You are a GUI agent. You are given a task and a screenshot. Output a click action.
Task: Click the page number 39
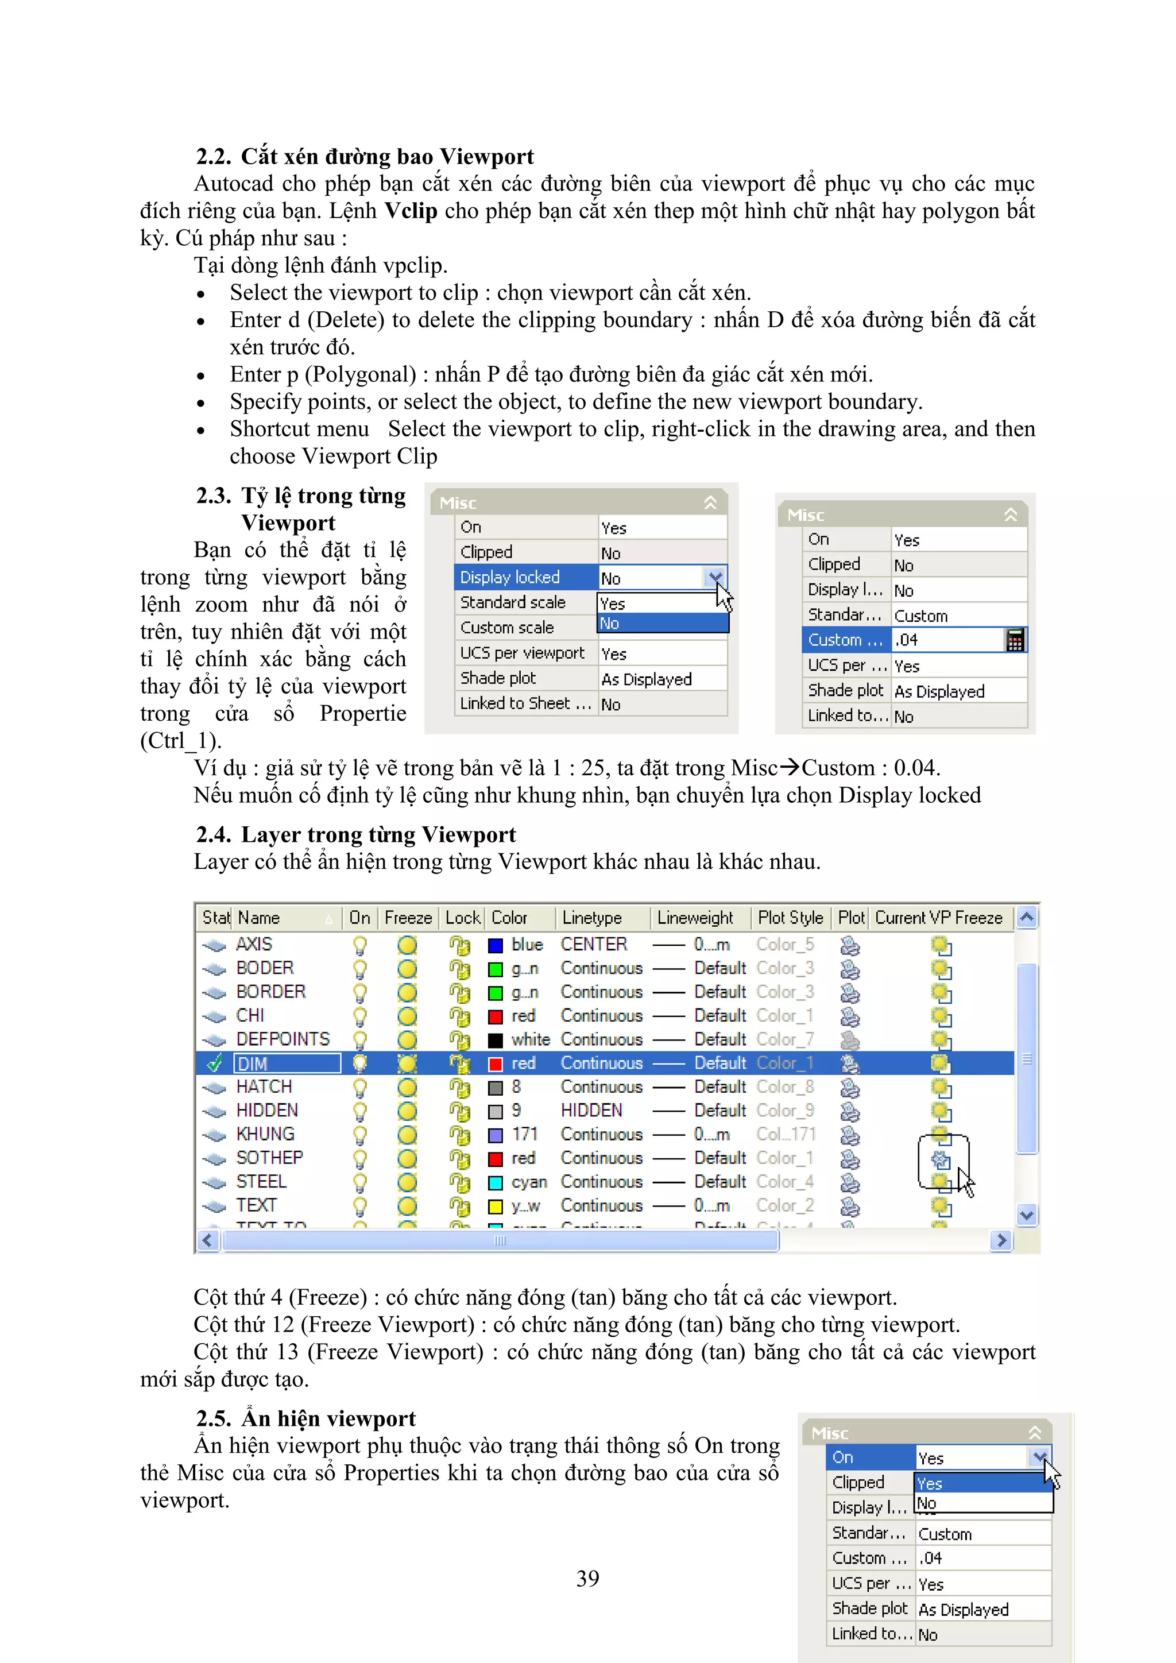tap(587, 1578)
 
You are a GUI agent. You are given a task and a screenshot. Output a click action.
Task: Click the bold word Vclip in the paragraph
tap(411, 211)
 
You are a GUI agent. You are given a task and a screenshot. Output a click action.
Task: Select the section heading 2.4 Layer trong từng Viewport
tap(355, 834)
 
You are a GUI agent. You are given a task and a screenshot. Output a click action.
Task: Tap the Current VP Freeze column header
tap(938, 918)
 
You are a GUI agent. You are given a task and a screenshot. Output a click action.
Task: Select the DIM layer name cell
tap(287, 1063)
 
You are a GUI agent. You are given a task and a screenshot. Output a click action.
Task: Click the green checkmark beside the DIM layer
tap(214, 1063)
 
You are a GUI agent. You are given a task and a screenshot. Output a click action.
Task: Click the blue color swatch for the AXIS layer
tap(496, 945)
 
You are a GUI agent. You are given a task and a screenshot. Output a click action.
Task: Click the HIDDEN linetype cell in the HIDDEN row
tap(591, 1111)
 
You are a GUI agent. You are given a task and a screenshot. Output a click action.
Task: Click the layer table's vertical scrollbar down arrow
tap(1026, 1215)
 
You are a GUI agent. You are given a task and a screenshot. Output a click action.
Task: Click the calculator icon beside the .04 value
tap(1015, 640)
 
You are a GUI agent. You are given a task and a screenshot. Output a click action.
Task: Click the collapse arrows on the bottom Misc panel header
tap(1035, 1433)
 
